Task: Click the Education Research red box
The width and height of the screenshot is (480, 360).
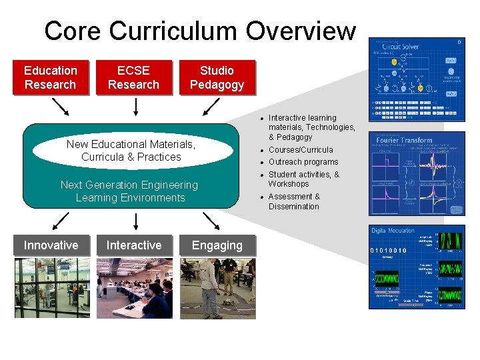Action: click(51, 78)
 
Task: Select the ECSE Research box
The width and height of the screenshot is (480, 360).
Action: click(133, 78)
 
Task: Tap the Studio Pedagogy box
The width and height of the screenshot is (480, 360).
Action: click(217, 78)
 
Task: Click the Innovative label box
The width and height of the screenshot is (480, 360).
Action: click(51, 245)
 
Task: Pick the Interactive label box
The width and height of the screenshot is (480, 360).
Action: click(133, 245)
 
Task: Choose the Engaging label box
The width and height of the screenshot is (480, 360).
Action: click(217, 245)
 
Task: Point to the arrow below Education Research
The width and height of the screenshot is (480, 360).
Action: click(60, 107)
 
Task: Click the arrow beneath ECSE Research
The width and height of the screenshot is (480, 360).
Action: click(135, 107)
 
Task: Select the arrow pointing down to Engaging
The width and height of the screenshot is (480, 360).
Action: click(211, 221)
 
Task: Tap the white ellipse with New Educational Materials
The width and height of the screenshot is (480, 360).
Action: click(131, 151)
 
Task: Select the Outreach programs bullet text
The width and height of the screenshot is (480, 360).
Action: click(303, 162)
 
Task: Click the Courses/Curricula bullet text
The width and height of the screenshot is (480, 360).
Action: click(301, 150)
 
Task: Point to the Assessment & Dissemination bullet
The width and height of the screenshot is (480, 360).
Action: click(294, 201)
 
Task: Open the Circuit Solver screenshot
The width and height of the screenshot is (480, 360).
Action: click(417, 79)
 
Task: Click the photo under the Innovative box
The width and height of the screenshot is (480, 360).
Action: click(51, 287)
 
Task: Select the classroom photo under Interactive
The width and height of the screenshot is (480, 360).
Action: click(134, 287)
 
